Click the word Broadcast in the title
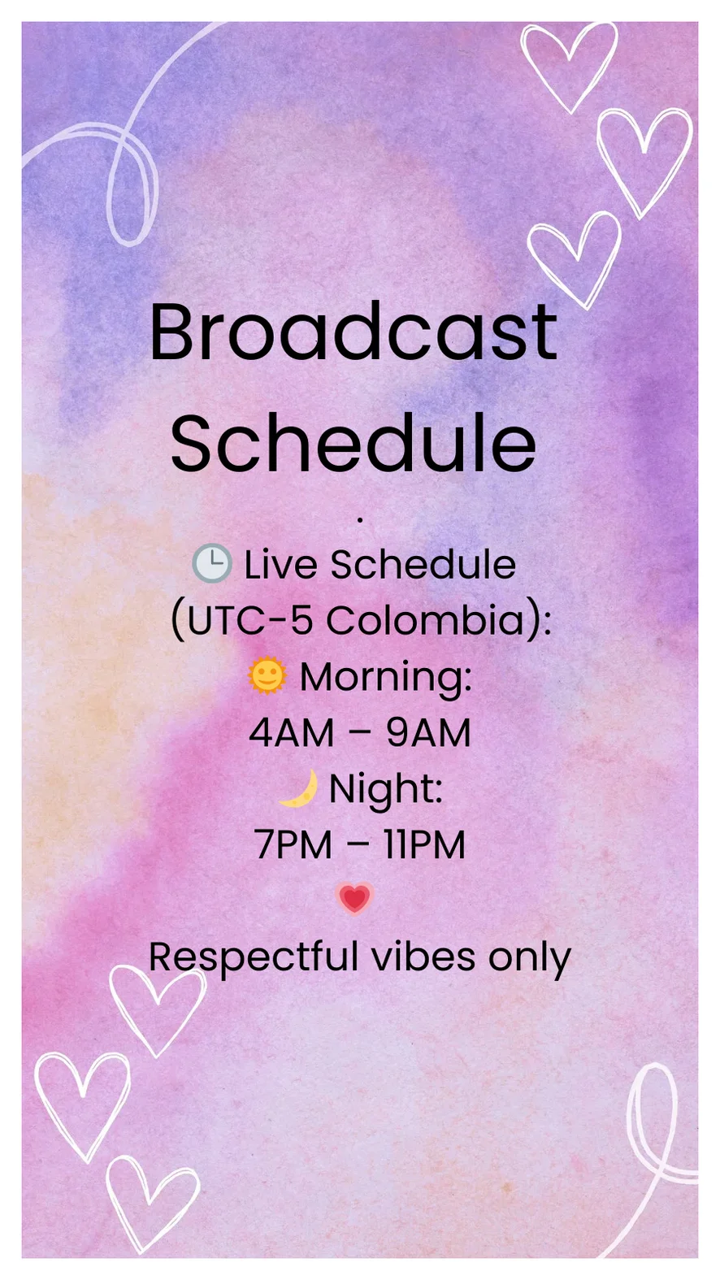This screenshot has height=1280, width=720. pyautogui.click(x=353, y=332)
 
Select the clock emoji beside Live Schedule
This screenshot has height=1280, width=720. pyautogui.click(x=212, y=564)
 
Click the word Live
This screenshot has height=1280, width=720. pyautogui.click(x=280, y=565)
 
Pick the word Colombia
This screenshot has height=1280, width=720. pyautogui.click(x=425, y=620)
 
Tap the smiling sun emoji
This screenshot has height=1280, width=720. pyautogui.click(x=267, y=675)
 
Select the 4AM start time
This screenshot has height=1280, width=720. pyautogui.click(x=292, y=732)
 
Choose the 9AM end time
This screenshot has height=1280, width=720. pyautogui.click(x=428, y=732)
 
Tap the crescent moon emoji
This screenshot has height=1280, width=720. pyautogui.click(x=298, y=788)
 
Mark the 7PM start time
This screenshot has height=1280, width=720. pyautogui.click(x=293, y=844)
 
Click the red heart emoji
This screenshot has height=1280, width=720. pyautogui.click(x=354, y=899)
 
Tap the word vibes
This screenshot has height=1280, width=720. pyautogui.click(x=423, y=956)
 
